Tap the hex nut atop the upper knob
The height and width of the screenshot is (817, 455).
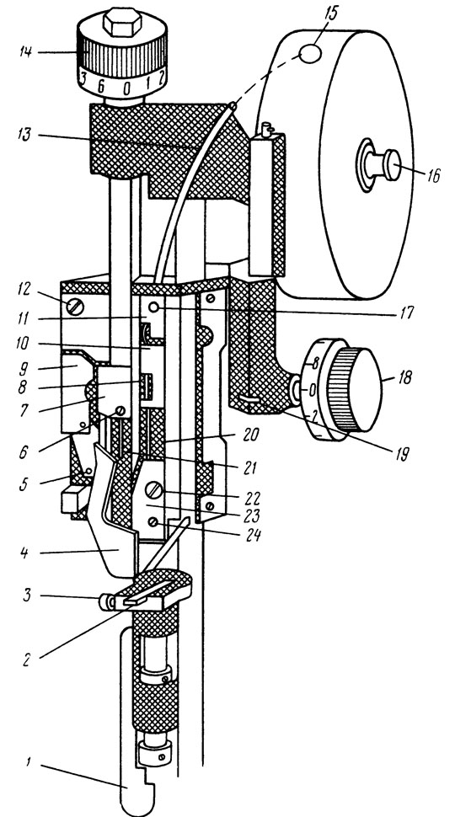[122, 22]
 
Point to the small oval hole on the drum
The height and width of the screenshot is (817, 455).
[311, 54]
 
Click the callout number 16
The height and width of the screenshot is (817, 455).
[432, 175]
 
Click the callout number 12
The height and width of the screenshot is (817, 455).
[24, 289]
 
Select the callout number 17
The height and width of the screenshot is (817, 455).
[404, 312]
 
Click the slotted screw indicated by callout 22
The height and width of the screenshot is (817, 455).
[154, 490]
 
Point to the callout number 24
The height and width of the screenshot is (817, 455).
[253, 533]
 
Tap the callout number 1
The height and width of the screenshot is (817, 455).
[29, 763]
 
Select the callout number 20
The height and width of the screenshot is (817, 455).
[251, 434]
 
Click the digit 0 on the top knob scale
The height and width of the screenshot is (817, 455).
[126, 88]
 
